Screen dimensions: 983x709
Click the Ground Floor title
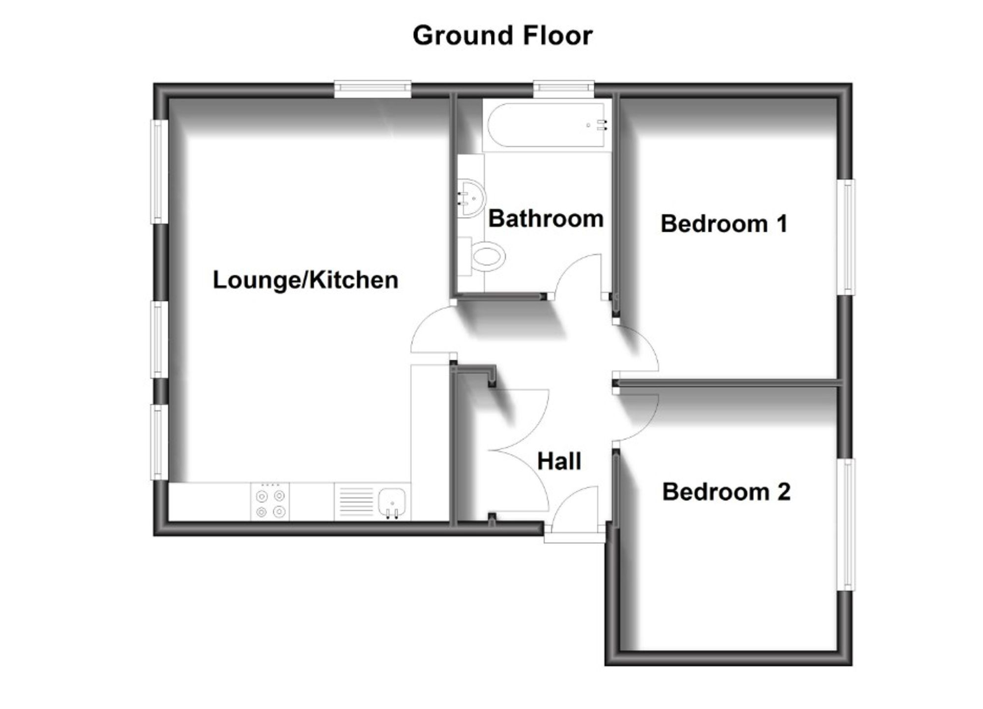click(x=502, y=36)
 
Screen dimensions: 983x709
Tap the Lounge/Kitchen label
click(x=305, y=280)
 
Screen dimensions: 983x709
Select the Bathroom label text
click(x=546, y=219)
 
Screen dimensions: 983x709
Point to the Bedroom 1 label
click(x=724, y=224)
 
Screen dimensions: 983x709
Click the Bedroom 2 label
click(x=726, y=492)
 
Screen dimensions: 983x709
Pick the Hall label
click(x=559, y=461)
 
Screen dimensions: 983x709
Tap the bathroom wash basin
click(x=471, y=198)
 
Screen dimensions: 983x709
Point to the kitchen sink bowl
click(x=392, y=502)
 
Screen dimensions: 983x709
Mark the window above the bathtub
click(x=564, y=88)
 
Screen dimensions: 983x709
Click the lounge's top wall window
click(x=373, y=88)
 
